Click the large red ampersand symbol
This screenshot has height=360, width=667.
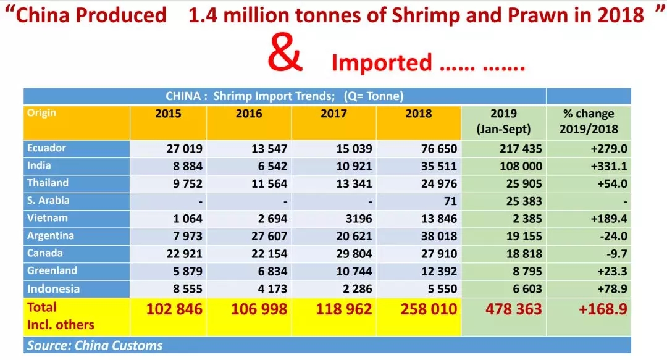(285, 55)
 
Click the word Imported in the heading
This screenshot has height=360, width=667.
(381, 62)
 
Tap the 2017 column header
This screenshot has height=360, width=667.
(334, 114)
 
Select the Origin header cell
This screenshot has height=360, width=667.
(41, 113)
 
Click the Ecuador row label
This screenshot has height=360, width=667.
(46, 148)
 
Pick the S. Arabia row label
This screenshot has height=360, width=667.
(48, 200)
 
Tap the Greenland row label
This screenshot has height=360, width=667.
(52, 270)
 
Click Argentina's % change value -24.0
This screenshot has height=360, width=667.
(604, 235)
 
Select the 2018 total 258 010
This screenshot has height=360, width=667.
(418, 309)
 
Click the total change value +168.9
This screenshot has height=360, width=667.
(602, 309)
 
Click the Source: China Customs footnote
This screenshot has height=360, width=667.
(94, 345)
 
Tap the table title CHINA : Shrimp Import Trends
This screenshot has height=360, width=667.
(284, 96)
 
